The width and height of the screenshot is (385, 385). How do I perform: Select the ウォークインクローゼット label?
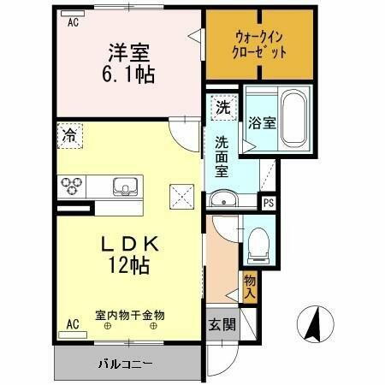[x=259, y=44]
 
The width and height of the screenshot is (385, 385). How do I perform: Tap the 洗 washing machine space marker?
[x=222, y=108]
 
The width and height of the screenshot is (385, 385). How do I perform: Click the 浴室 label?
[x=262, y=122]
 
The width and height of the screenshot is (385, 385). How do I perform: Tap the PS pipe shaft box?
[x=269, y=203]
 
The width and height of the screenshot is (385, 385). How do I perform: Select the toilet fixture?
[x=259, y=243]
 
